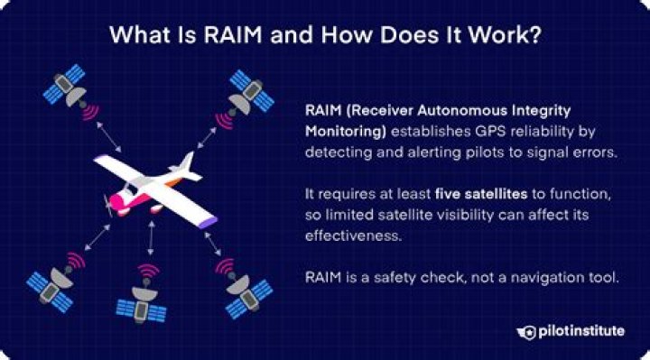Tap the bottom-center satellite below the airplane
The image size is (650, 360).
(143, 297)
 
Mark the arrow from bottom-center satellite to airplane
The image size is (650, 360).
(150, 242)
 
